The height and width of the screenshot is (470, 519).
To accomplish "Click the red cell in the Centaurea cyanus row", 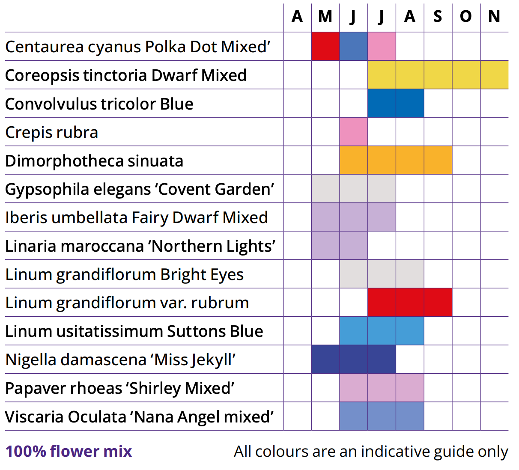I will point(325,46).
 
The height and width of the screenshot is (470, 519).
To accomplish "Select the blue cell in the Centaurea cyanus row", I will point(354,46).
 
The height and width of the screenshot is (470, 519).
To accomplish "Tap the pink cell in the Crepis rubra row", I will point(354,132).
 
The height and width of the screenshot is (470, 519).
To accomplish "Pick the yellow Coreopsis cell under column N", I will point(494,75).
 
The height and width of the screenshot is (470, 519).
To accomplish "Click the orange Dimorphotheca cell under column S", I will point(438,160).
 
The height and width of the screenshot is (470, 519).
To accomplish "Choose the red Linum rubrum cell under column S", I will point(438,302).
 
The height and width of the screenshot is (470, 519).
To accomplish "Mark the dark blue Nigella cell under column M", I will point(325,359).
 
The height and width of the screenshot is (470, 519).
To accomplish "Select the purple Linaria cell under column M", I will point(325,245).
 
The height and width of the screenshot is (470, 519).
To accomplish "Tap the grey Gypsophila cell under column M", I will point(325,188).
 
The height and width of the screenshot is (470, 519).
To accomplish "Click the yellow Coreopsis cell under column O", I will point(466,75).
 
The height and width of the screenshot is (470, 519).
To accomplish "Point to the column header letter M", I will point(325,17).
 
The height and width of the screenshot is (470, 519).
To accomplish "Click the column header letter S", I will point(438,17).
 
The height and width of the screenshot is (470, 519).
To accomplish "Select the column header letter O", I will point(466,17).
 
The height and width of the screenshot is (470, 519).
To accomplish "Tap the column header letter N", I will point(494,17).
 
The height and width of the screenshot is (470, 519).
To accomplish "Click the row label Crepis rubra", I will point(52,133).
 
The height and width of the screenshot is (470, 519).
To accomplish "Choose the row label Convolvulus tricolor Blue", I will point(99,104).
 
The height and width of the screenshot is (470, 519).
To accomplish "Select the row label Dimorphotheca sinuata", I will point(94,161).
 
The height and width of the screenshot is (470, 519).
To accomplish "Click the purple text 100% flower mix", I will point(69,451).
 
